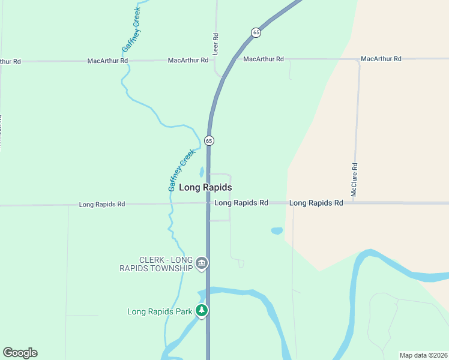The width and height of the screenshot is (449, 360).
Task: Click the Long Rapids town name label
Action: tap(205, 188)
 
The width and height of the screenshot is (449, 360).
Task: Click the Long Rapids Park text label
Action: tap(160, 311)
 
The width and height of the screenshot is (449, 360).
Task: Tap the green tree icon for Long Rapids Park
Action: tap(203, 310)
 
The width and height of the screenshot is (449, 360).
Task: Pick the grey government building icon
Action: tap(202, 263)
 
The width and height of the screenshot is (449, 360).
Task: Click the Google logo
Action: tap(20, 353)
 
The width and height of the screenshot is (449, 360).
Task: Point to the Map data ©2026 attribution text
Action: tap(423, 355)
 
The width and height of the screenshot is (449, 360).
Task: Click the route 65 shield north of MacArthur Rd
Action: tap(256, 32)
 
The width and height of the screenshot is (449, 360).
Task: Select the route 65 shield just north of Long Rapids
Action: tap(208, 140)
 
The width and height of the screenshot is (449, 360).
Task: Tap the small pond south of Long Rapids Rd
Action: tap(277, 230)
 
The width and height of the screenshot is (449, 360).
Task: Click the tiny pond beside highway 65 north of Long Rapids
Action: tap(202, 172)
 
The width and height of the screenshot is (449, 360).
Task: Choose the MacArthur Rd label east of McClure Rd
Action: tap(381, 59)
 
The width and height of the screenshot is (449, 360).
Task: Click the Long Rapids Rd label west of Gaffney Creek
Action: tap(102, 205)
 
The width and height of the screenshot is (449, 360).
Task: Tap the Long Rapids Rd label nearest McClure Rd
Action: tap(316, 203)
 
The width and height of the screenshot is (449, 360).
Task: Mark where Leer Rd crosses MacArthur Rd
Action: tap(215, 60)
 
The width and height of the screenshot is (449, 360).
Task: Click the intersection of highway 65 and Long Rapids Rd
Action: tap(208, 203)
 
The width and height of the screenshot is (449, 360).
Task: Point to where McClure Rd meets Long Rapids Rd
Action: tap(355, 203)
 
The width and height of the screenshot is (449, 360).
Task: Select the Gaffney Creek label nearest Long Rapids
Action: tap(182, 170)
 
